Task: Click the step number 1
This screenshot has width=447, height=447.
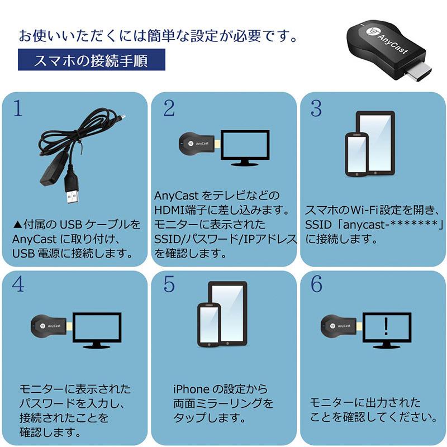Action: click(x=18, y=109)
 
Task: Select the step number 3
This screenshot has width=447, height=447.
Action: click(x=316, y=109)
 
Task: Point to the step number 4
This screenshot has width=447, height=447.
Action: click(x=18, y=284)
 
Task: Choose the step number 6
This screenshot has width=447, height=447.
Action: click(x=316, y=284)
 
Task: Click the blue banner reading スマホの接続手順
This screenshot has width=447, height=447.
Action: click(x=91, y=60)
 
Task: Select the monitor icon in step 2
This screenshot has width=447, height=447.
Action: click(x=245, y=147)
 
